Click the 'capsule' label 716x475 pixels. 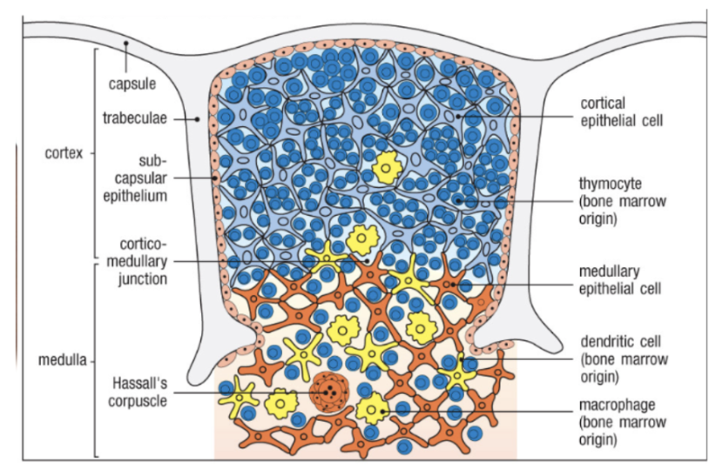tap(132, 84)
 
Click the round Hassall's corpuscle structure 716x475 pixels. tap(328, 393)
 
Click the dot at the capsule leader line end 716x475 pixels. tap(127, 43)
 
